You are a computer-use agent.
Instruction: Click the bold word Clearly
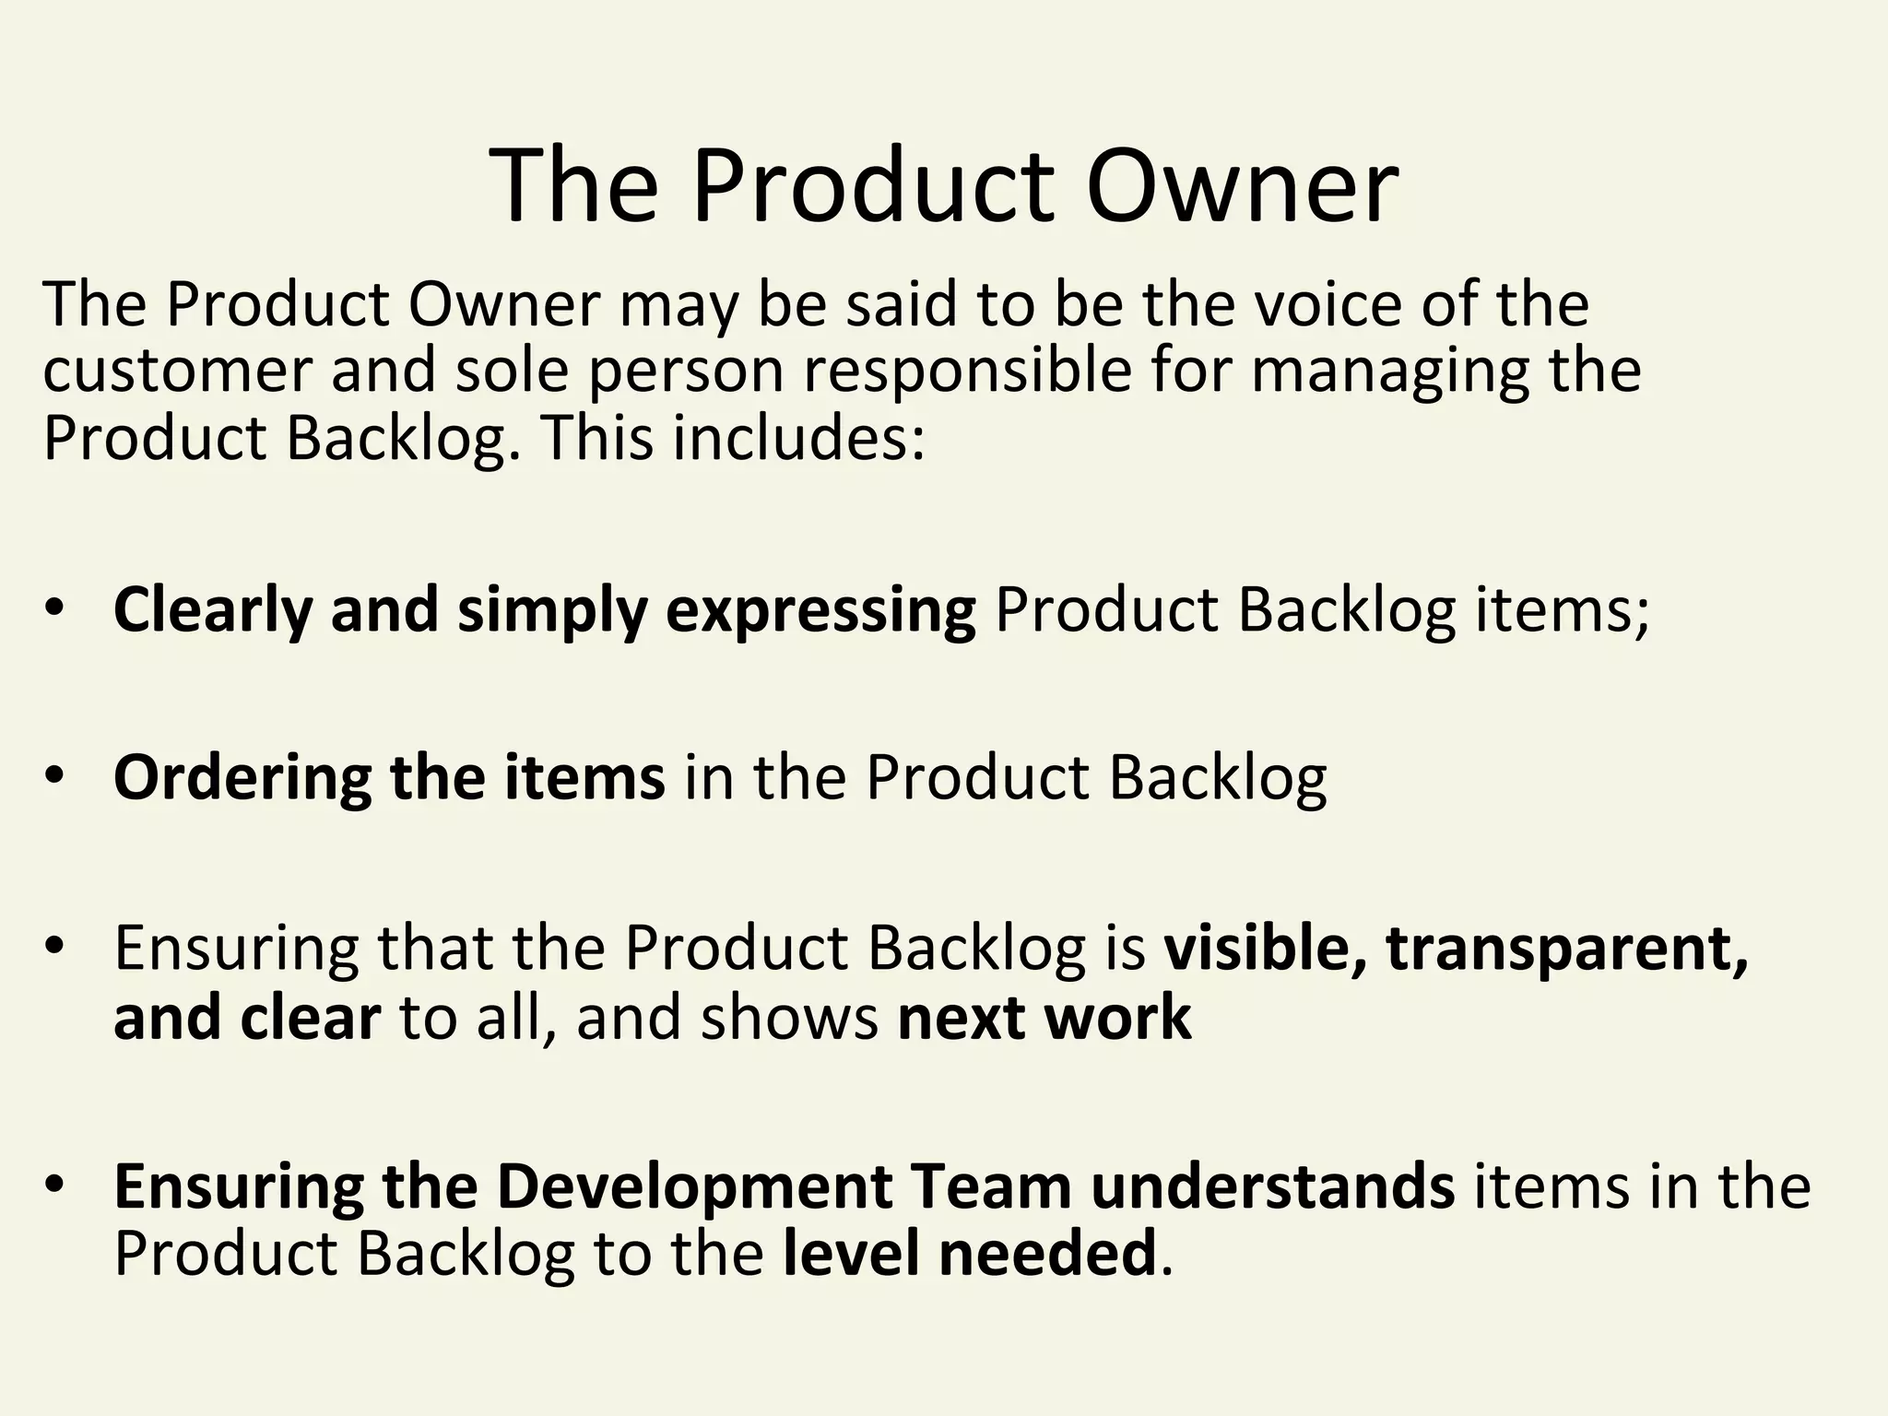(x=212, y=610)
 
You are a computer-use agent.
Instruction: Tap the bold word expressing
(x=820, y=610)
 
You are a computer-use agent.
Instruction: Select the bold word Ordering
(x=242, y=777)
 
